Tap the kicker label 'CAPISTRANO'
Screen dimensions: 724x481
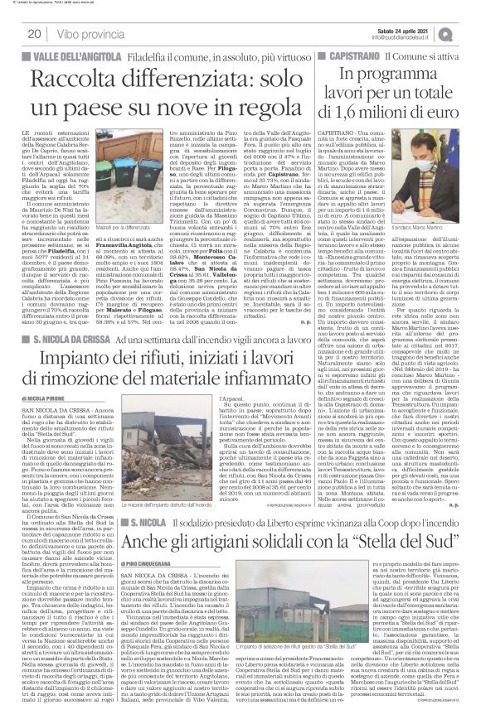(347, 55)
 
